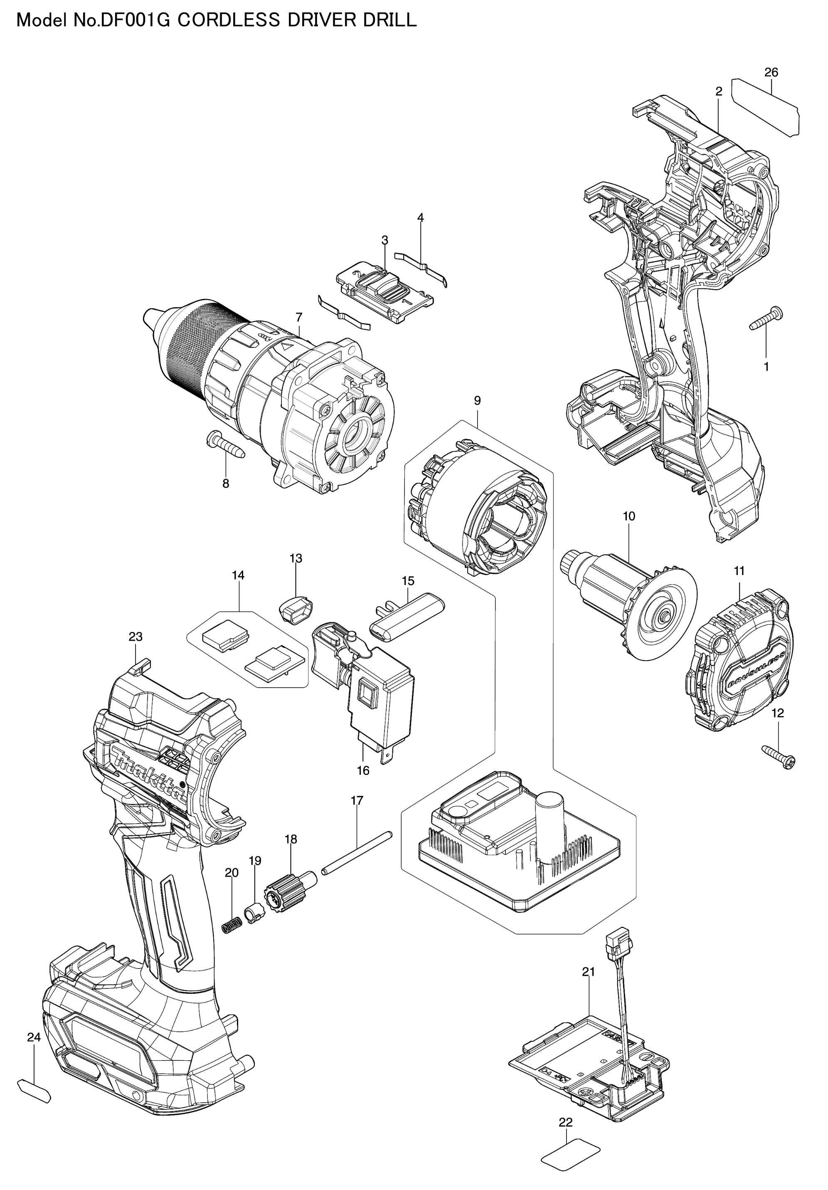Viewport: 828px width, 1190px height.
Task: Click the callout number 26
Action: (771, 73)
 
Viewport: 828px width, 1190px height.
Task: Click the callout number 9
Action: (477, 401)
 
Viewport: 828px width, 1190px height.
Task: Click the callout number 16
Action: (363, 785)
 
